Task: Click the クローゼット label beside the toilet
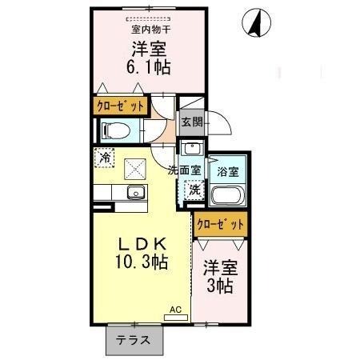tap(121, 106)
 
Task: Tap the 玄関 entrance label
tap(190, 122)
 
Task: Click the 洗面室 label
tap(183, 170)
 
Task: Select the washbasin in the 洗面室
tap(191, 149)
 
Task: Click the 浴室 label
tap(224, 170)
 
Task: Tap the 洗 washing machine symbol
tap(194, 190)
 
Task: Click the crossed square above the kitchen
tap(135, 169)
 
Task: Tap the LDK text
tap(142, 243)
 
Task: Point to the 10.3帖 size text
tap(142, 262)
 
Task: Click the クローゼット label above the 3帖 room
tap(220, 225)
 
